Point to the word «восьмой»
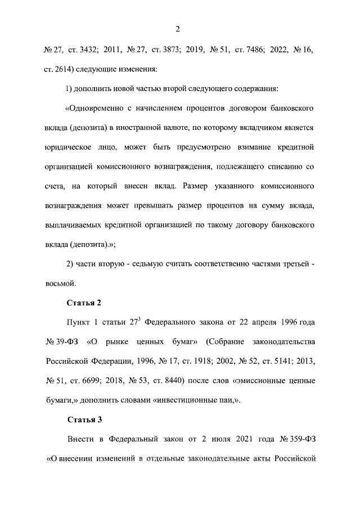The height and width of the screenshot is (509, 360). (x=60, y=283)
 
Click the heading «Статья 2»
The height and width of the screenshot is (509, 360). (x=84, y=303)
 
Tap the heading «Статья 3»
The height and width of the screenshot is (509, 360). (x=84, y=420)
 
